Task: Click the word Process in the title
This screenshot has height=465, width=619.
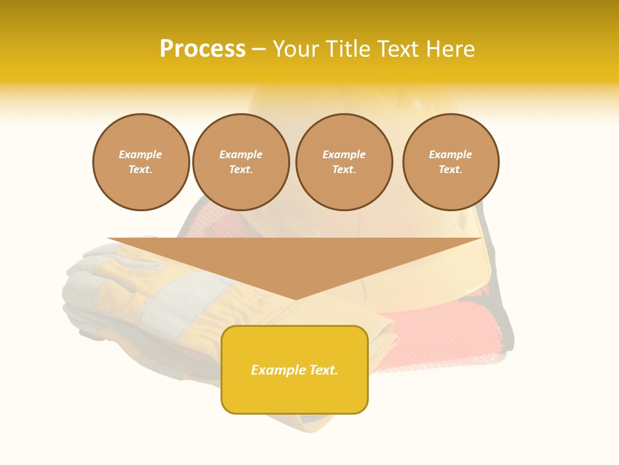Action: [202, 49]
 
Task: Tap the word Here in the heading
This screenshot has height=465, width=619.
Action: [451, 49]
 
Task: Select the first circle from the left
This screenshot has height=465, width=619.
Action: [141, 162]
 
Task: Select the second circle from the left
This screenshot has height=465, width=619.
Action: [241, 162]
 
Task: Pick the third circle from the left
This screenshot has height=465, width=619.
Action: [344, 162]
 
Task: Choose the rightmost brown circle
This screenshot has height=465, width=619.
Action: [451, 162]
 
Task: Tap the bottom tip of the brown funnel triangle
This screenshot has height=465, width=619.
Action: [295, 299]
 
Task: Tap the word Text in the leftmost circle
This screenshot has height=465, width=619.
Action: [140, 170]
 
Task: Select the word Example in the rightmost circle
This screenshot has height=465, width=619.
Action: [451, 155]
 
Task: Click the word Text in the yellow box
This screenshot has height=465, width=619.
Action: [323, 370]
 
